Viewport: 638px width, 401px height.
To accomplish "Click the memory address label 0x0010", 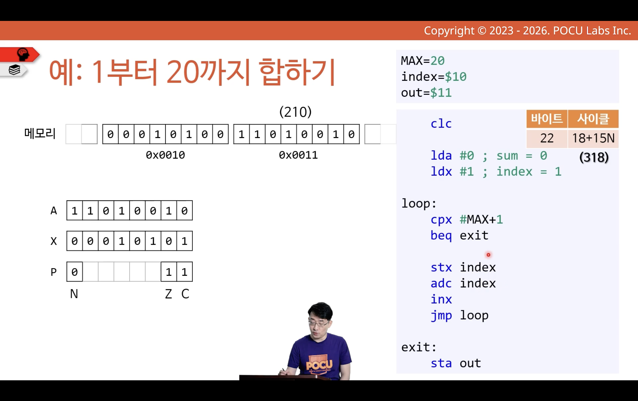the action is [x=165, y=155].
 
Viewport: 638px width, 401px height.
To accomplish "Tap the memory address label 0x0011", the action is [x=298, y=155].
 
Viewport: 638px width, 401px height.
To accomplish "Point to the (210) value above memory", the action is [x=296, y=112].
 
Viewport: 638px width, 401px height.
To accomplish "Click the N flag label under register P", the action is [x=74, y=294].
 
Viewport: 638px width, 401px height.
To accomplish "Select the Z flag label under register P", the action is [x=168, y=294].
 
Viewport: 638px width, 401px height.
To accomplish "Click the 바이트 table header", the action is [x=547, y=119].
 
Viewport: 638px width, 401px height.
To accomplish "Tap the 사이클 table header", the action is [x=593, y=119].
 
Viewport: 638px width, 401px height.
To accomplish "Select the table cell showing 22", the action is [x=547, y=138].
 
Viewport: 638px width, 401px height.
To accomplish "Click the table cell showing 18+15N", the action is [x=593, y=138].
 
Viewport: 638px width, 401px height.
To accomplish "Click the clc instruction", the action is [x=441, y=124].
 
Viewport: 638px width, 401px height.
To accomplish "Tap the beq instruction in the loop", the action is [x=441, y=236].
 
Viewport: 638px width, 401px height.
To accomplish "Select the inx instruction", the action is [x=441, y=299].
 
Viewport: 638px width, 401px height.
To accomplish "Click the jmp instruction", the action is [x=441, y=316].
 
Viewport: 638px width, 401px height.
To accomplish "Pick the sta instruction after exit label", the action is [x=441, y=363].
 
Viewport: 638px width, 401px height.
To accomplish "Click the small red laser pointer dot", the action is [x=488, y=255].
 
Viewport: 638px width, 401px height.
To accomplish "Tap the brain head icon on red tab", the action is [x=23, y=54].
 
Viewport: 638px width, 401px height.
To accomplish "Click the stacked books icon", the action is [x=14, y=70].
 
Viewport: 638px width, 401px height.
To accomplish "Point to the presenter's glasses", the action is [x=319, y=323].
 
